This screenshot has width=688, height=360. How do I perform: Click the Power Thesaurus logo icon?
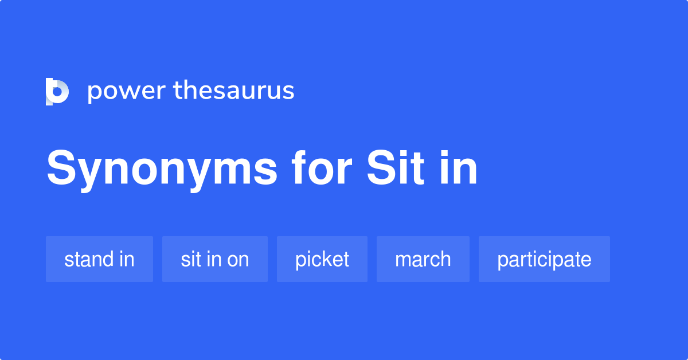tap(57, 91)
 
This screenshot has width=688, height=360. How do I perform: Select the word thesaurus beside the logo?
tap(234, 91)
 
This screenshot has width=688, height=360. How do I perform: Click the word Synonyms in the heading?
tap(162, 169)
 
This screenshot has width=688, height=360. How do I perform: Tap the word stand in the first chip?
tap(88, 259)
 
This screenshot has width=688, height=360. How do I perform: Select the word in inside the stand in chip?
tap(126, 259)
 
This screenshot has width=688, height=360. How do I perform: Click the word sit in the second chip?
tap(190, 259)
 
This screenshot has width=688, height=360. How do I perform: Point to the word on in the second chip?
tap(238, 260)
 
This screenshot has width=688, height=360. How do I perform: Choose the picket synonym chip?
tap(322, 259)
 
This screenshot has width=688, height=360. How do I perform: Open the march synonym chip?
tap(423, 259)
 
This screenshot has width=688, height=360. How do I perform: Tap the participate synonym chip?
tap(544, 259)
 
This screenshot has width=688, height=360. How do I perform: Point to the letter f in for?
tap(298, 168)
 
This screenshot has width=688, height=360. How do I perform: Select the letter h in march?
tap(445, 259)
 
